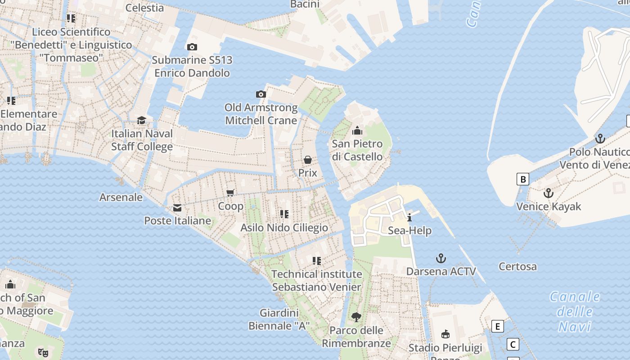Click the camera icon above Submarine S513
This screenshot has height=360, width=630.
point(192,47)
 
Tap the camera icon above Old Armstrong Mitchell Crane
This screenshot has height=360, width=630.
point(261,94)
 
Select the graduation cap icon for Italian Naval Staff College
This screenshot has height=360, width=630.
point(141,120)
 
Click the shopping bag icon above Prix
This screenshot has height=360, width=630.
point(308,160)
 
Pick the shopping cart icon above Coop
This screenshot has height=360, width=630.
point(230,193)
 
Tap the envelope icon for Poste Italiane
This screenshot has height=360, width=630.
point(177,207)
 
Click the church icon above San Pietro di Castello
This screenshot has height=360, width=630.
point(357,131)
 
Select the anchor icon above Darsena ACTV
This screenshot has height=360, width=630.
point(441,258)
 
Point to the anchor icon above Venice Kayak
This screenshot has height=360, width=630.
point(548,193)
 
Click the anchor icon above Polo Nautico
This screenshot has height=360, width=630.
point(600,139)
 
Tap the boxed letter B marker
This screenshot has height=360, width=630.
point(522,179)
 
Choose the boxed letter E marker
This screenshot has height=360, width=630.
point(497,326)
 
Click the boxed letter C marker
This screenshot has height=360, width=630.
point(513,345)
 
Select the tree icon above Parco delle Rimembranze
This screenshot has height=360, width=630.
point(356,317)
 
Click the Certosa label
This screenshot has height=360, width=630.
point(517,266)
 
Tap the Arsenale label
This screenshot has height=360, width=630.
point(121,197)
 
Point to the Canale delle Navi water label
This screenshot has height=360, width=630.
point(575,311)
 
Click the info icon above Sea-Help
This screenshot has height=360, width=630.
point(409,218)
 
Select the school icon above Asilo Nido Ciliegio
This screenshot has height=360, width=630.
point(284,214)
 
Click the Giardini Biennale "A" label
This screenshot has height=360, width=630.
point(279,319)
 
